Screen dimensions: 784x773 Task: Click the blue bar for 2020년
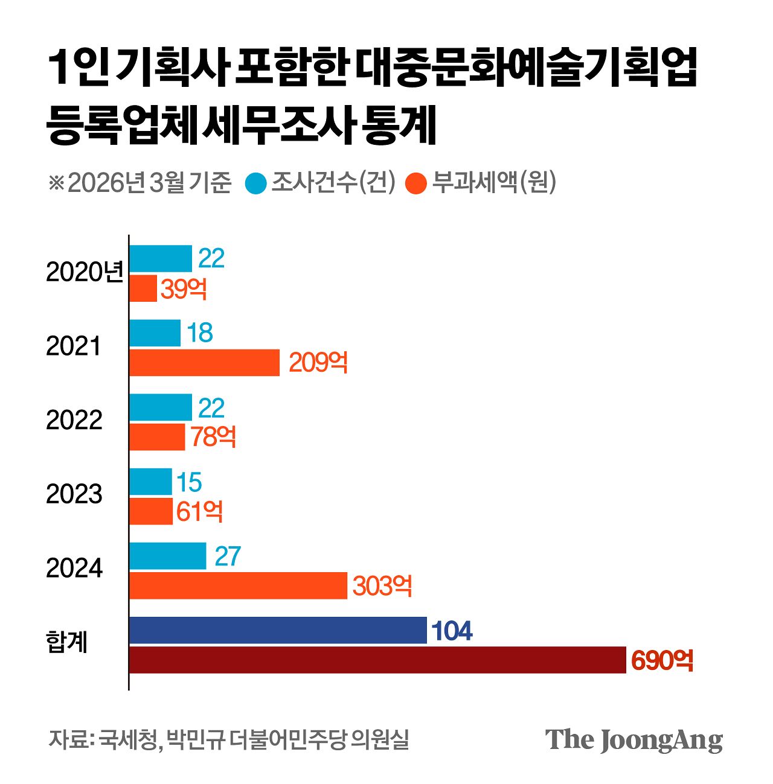pos(161,258)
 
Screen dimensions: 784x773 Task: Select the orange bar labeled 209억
pos(205,362)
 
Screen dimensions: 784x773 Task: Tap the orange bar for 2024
pos(239,585)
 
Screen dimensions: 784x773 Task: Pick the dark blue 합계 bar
pos(278,630)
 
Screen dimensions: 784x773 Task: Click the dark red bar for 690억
pos(377,660)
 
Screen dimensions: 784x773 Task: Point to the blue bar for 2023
pos(150,482)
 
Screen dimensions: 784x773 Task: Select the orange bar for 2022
pos(157,437)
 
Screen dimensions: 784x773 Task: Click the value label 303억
pos(382,586)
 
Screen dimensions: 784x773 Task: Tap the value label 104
pos(452,631)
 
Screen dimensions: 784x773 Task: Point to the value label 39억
pos(184,289)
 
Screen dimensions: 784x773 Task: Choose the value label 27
pos(227,556)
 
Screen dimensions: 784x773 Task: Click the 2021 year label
pos(73,346)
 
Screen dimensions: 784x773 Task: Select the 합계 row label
pos(67,642)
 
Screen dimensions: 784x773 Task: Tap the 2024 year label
pos(74,569)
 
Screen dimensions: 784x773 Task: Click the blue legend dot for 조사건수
pos(256,183)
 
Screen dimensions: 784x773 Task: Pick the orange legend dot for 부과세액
pos(416,183)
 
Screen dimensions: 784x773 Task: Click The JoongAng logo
pos(633,740)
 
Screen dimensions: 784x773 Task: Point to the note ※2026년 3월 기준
pos(140,182)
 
